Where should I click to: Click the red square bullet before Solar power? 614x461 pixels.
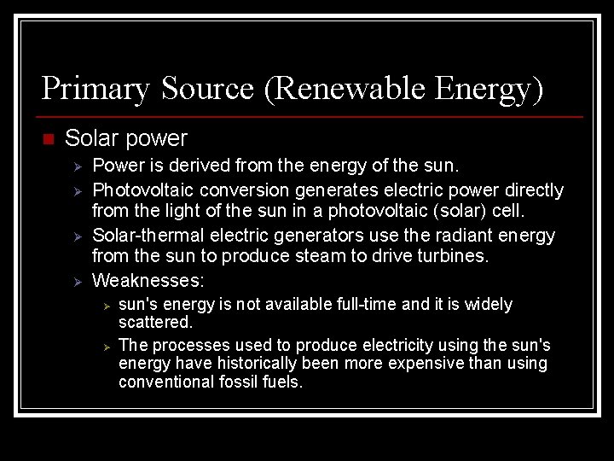point(47,139)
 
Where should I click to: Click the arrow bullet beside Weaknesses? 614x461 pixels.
point(76,281)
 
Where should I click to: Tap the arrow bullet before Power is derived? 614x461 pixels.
point(76,166)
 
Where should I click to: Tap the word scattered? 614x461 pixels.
point(153,324)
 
